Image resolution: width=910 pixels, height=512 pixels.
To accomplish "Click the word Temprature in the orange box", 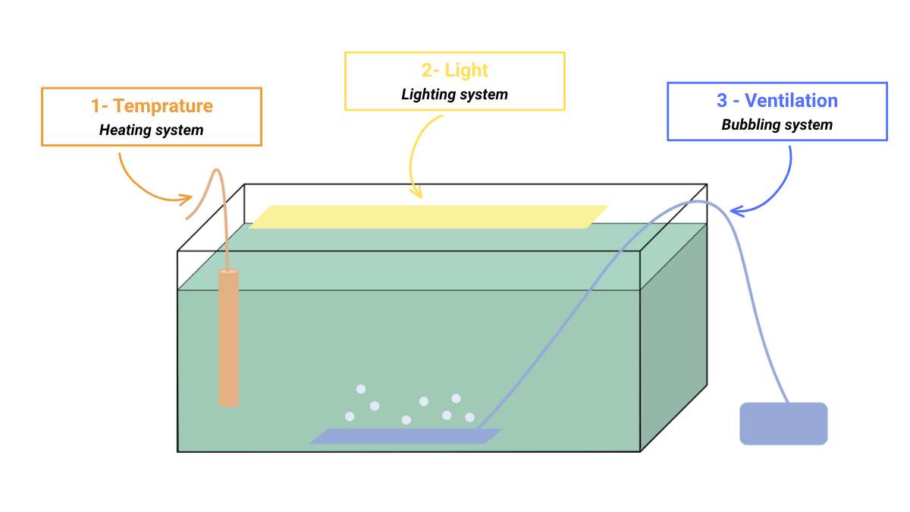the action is tap(163, 106).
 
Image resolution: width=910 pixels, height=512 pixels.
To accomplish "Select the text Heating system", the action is tap(152, 130).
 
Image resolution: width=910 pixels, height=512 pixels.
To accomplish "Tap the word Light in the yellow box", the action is tap(466, 71).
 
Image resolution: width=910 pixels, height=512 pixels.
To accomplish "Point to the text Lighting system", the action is tap(454, 95).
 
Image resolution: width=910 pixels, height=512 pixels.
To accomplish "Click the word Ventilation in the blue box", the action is tap(791, 100).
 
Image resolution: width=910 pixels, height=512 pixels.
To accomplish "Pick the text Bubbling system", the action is tap(777, 124).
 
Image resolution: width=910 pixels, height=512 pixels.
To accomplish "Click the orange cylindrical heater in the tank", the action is tap(229, 338).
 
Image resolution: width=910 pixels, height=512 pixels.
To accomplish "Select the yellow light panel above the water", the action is tap(428, 217).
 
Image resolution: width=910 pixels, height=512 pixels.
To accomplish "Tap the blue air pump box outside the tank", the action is tap(783, 423).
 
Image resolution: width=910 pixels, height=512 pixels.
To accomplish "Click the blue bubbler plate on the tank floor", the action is tap(406, 436).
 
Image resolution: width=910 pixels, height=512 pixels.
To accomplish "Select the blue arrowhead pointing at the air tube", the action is tap(736, 212).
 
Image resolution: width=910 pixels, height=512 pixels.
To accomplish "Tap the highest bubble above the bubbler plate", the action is tap(361, 389).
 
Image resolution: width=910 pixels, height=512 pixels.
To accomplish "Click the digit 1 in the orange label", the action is tap(96, 106).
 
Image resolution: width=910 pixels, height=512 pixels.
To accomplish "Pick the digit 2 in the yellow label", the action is tap(426, 71).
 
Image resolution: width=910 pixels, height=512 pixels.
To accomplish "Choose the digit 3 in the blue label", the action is tap(722, 100).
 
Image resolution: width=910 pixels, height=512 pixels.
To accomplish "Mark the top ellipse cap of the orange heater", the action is tap(229, 271).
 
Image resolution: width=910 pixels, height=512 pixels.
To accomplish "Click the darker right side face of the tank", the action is tap(673, 338).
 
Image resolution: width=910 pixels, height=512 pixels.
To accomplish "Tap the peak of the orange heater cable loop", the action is tap(217, 170).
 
